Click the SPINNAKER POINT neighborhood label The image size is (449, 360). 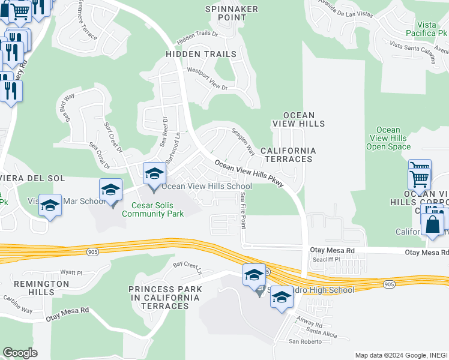(231, 14)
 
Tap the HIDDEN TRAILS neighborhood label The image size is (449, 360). (201, 54)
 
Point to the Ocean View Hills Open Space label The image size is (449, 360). (388, 138)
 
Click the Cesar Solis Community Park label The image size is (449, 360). (153, 209)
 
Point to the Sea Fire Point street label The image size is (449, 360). (243, 210)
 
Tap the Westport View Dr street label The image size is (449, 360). (208, 79)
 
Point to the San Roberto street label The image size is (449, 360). (302, 342)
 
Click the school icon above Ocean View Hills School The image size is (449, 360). (154, 174)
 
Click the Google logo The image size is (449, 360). (20, 353)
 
